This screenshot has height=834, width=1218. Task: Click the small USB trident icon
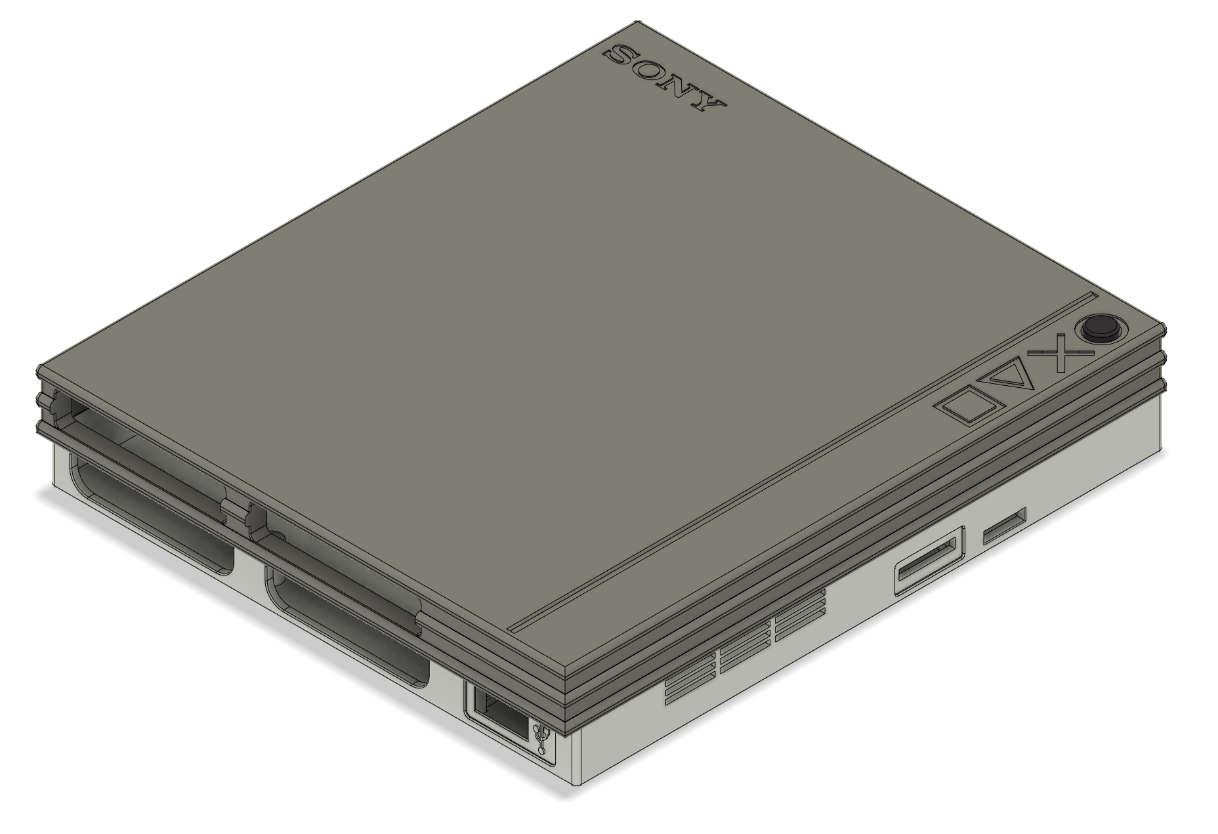coord(543,739)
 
